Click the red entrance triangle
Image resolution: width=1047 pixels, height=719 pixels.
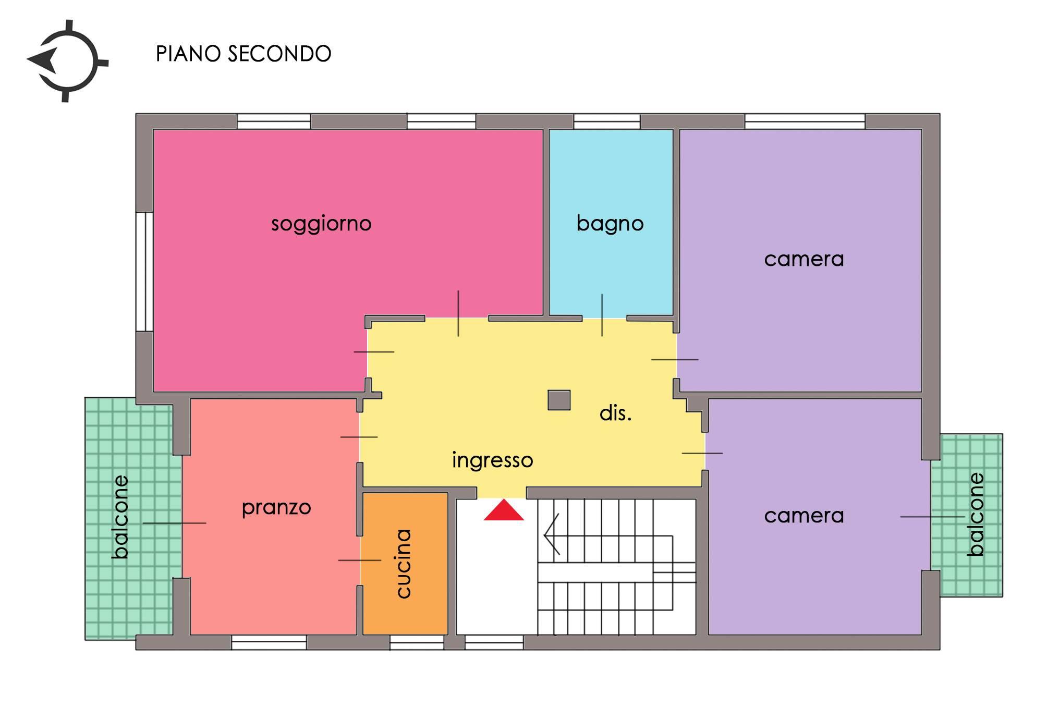tap(504, 510)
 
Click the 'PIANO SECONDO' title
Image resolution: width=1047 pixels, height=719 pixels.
tap(244, 54)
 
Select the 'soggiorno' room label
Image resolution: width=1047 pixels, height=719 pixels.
tap(321, 224)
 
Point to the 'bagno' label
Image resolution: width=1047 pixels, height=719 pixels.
tap(610, 224)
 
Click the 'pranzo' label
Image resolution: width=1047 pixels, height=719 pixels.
tap(276, 508)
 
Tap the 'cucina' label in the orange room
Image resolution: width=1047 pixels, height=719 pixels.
tap(404, 563)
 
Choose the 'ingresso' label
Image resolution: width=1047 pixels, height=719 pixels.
tap(493, 460)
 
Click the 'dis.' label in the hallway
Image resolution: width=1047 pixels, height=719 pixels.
tap(616, 413)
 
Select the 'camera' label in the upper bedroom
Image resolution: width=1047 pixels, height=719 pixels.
tap(804, 259)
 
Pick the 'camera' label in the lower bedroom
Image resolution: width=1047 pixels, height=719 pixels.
tap(804, 516)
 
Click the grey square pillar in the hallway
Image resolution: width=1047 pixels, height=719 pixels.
tap(559, 400)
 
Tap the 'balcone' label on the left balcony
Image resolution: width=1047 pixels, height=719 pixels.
tap(120, 517)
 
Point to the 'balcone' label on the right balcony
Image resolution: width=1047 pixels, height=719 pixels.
tap(976, 514)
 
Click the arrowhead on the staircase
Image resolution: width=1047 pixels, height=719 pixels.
tap(551, 534)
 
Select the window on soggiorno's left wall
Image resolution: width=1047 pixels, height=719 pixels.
tap(144, 272)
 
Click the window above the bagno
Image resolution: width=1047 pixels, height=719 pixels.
tap(607, 121)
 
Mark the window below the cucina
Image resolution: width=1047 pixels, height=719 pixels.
tap(417, 642)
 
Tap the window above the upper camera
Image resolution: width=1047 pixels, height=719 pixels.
tap(805, 121)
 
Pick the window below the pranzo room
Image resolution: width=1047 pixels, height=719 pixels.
tap(269, 642)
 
